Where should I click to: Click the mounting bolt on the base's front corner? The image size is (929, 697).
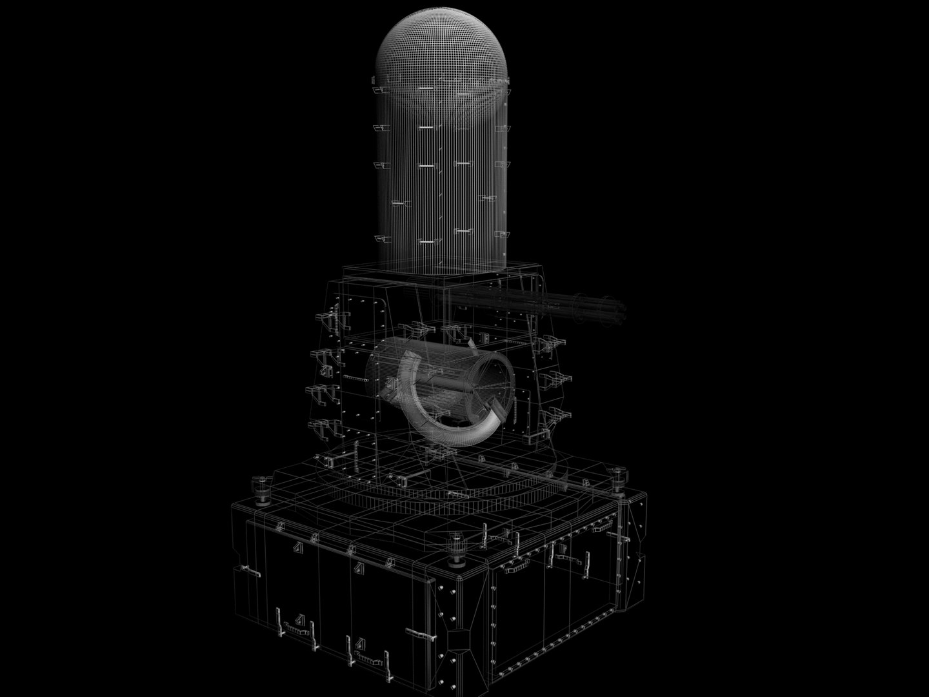[459, 543]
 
